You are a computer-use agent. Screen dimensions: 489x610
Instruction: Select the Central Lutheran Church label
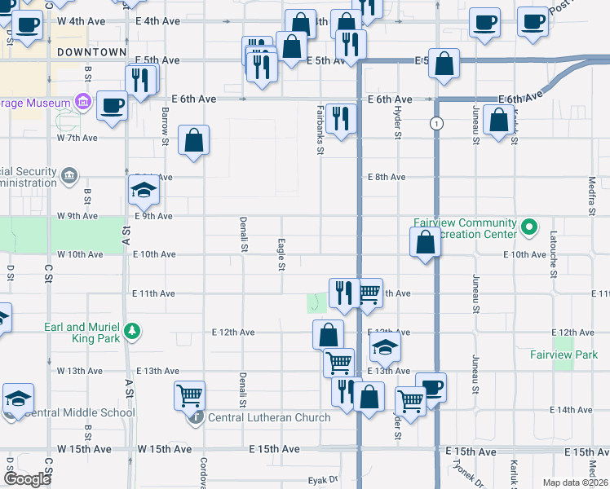click(x=269, y=418)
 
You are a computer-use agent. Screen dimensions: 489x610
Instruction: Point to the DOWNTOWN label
click(x=92, y=52)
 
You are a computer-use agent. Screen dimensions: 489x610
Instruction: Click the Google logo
click(x=27, y=479)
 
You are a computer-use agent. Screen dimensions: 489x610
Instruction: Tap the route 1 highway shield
click(x=437, y=123)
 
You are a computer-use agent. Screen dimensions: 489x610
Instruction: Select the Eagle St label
click(x=281, y=254)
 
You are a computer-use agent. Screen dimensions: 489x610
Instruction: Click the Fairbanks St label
click(x=320, y=130)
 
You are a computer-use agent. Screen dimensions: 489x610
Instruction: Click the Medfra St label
click(x=592, y=195)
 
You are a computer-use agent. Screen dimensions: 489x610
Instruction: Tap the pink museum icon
click(x=82, y=103)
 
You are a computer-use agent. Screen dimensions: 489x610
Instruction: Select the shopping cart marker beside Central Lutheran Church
click(x=189, y=396)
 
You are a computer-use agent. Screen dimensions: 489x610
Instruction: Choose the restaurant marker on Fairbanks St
click(x=340, y=118)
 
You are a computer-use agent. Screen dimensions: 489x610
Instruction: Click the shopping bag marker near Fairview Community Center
click(x=425, y=242)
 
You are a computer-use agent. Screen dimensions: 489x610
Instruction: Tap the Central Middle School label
click(x=80, y=412)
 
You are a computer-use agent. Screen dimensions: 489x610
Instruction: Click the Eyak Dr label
click(x=322, y=481)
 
